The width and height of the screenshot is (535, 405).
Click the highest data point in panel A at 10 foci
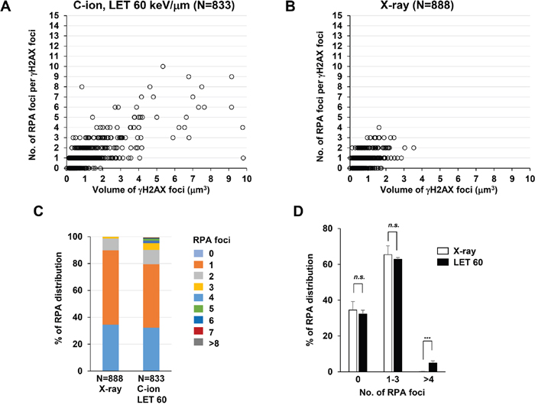click(x=163, y=66)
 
